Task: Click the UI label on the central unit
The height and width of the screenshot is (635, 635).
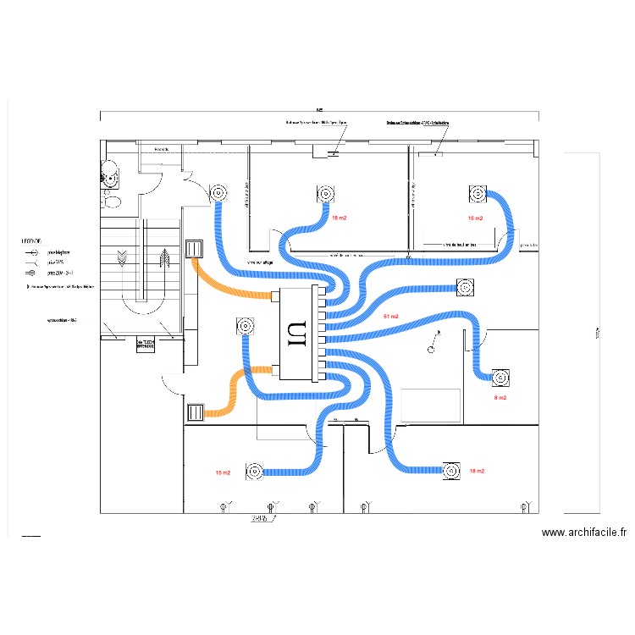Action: [296, 334]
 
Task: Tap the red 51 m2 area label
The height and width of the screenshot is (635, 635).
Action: [391, 317]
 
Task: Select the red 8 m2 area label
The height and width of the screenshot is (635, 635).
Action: [500, 397]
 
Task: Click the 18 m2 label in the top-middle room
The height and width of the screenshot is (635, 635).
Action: [339, 218]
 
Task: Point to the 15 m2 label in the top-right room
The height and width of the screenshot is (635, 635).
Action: [475, 218]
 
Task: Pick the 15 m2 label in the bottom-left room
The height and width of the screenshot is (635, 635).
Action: [224, 472]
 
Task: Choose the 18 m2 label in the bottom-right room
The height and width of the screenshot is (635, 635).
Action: [477, 471]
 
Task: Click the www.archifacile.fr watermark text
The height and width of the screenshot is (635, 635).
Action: [584, 533]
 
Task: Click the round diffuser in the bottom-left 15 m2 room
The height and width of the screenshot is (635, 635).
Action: [254, 472]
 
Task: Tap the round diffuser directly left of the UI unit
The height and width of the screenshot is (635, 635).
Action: [246, 326]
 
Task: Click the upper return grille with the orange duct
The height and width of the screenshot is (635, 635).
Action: [195, 249]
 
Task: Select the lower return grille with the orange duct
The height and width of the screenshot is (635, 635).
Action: [195, 412]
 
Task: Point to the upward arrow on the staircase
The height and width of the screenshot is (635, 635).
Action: [162, 257]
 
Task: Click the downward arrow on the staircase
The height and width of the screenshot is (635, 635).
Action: [124, 257]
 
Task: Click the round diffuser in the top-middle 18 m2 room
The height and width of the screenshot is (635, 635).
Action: [325, 195]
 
